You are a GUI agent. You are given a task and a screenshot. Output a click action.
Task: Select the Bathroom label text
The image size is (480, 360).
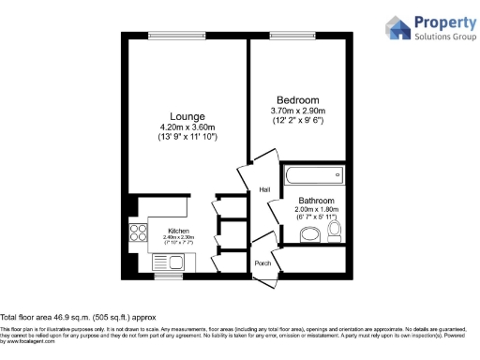[316, 201]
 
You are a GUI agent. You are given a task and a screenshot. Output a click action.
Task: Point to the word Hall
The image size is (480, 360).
[264, 190]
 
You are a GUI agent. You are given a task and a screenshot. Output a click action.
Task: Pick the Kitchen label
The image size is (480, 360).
[178, 231]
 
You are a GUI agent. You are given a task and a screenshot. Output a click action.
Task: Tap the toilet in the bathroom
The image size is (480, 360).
[335, 231]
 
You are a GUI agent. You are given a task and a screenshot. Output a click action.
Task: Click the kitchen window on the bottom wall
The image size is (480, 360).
[168, 277]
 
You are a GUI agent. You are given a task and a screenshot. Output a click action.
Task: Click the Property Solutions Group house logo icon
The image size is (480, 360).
[398, 27]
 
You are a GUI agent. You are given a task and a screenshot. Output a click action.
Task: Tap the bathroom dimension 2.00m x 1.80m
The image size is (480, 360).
[316, 210]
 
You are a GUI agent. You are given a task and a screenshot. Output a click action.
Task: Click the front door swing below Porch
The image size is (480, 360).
[264, 278]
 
